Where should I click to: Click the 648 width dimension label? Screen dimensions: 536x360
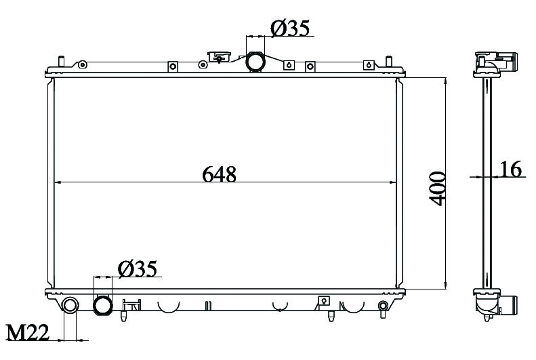pyautogui.click(x=219, y=174)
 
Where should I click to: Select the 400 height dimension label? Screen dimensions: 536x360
pyautogui.click(x=438, y=188)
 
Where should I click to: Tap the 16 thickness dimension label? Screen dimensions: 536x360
pyautogui.click(x=511, y=169)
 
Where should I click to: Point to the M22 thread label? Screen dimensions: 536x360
pyautogui.click(x=28, y=332)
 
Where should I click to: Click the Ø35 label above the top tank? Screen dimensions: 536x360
pyautogui.click(x=290, y=28)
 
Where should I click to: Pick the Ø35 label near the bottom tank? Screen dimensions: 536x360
pyautogui.click(x=138, y=268)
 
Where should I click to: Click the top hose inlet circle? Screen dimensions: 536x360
pyautogui.click(x=255, y=62)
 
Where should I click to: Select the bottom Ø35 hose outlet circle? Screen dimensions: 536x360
pyautogui.click(x=103, y=305)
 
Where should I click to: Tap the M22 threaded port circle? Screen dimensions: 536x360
pyautogui.click(x=70, y=304)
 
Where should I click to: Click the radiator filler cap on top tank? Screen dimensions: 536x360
pyautogui.click(x=219, y=56)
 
